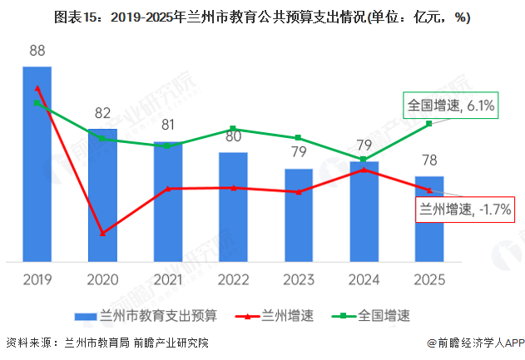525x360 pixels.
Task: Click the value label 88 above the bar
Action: [x=37, y=52]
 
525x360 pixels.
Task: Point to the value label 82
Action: [x=102, y=114]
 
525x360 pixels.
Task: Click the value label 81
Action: [x=168, y=126]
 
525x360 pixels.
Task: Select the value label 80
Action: [x=233, y=136]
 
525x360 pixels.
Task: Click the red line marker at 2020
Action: [x=102, y=234]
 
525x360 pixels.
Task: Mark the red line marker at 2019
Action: [x=37, y=87]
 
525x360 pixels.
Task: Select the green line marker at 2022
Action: [x=233, y=129]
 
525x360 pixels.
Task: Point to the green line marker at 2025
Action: [x=429, y=124]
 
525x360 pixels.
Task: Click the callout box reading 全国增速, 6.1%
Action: [x=450, y=106]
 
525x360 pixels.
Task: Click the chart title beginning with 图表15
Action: [x=262, y=17]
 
